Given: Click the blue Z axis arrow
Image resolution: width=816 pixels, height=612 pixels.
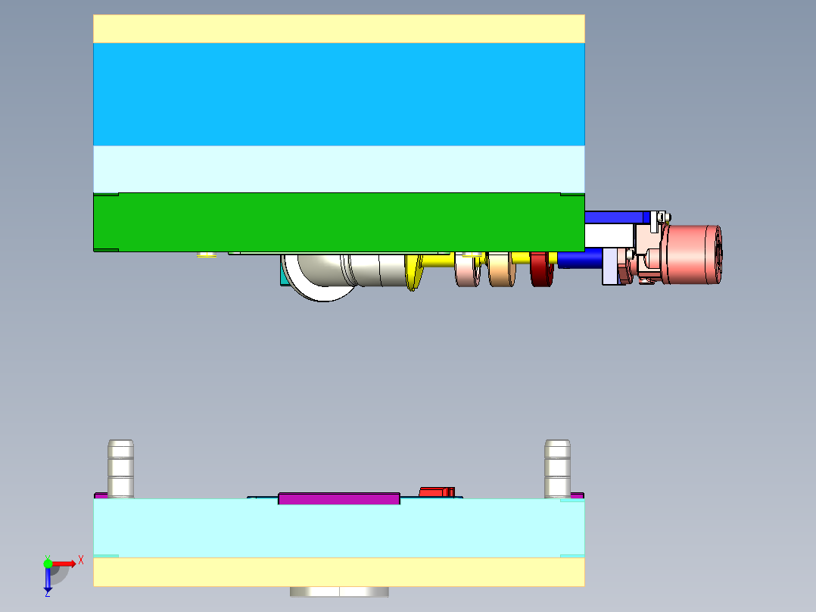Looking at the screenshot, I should [x=48, y=580].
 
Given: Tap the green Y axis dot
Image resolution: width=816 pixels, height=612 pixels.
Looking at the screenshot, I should [x=48, y=563].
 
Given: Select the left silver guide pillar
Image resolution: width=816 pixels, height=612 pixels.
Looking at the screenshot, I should [x=121, y=468].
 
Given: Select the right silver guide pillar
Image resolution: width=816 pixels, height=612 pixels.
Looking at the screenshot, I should [x=557, y=468].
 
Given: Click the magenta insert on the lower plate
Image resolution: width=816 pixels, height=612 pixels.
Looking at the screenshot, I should [x=338, y=498].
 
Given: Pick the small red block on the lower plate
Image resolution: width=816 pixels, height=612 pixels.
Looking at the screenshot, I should [x=437, y=492].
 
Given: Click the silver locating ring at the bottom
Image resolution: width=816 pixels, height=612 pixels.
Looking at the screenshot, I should [x=338, y=592].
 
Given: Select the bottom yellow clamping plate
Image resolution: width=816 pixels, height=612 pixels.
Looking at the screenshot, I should [x=338, y=572].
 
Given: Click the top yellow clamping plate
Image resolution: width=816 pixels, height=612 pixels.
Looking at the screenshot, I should [x=338, y=29].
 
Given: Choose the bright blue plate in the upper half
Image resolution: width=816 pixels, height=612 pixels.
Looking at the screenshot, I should [x=338, y=94].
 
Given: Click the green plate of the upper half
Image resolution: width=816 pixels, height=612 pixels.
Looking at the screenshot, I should [x=338, y=221].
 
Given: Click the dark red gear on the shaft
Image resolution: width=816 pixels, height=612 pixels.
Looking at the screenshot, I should [x=541, y=270].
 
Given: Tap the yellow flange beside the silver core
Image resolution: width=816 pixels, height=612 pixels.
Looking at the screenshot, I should [x=413, y=273].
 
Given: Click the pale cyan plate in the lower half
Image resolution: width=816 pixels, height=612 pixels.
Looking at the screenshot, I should [x=338, y=528].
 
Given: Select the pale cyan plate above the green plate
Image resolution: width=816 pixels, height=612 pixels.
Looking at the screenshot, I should [x=338, y=168].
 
